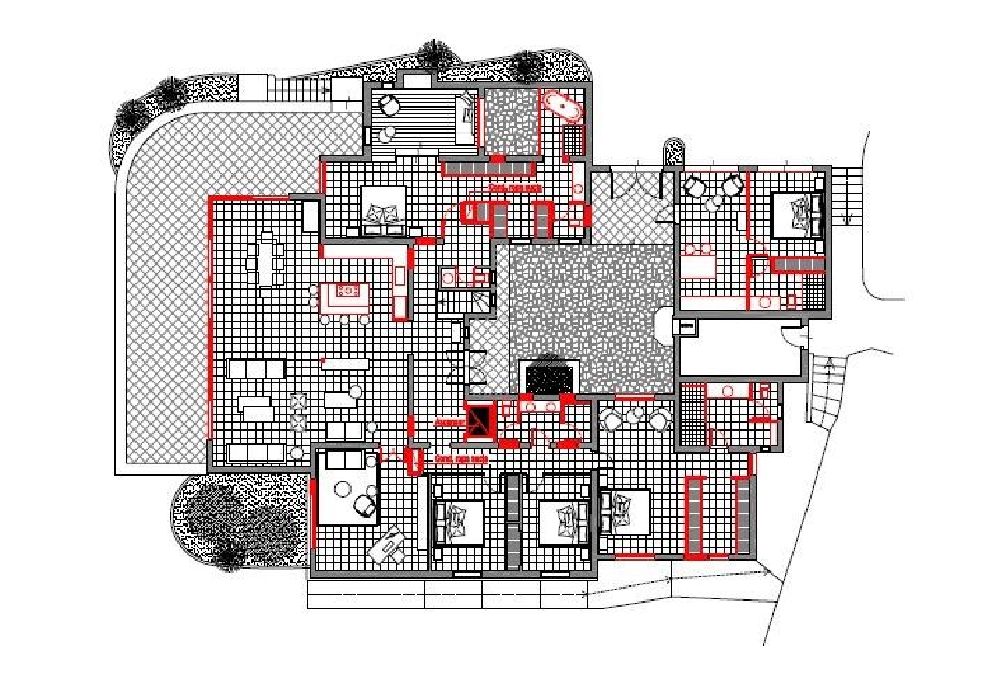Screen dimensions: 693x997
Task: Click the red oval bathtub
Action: (x=562, y=106)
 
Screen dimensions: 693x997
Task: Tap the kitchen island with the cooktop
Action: (x=345, y=298)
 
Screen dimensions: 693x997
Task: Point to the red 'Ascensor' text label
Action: (x=448, y=422)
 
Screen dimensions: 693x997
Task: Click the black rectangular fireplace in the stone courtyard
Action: (x=549, y=378)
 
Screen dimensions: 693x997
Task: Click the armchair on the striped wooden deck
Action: (x=389, y=106)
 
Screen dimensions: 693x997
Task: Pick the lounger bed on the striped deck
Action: (x=466, y=118)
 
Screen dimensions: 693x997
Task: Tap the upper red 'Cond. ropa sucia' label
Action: (x=515, y=189)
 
